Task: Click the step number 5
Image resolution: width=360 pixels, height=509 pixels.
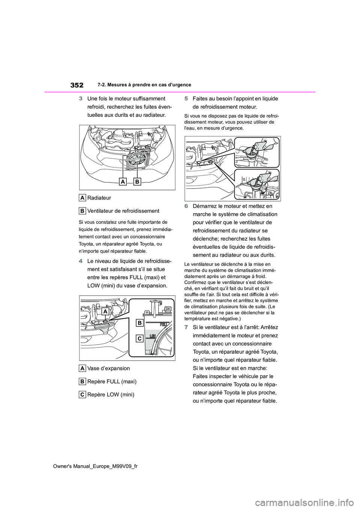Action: point(186,99)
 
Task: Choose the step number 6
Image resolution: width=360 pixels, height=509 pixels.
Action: point(186,206)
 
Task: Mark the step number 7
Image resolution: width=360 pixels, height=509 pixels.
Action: point(186,327)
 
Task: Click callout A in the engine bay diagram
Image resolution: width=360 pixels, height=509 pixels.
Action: point(123,182)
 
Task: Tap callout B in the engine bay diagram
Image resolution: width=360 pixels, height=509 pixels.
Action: point(136,182)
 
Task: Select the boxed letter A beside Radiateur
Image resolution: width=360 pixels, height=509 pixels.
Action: point(83,198)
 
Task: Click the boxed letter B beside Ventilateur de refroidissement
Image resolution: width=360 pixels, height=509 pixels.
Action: point(83,211)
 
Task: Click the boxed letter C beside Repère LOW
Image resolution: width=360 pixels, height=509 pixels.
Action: point(83,395)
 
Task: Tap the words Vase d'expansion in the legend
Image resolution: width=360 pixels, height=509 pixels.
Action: point(109,368)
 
